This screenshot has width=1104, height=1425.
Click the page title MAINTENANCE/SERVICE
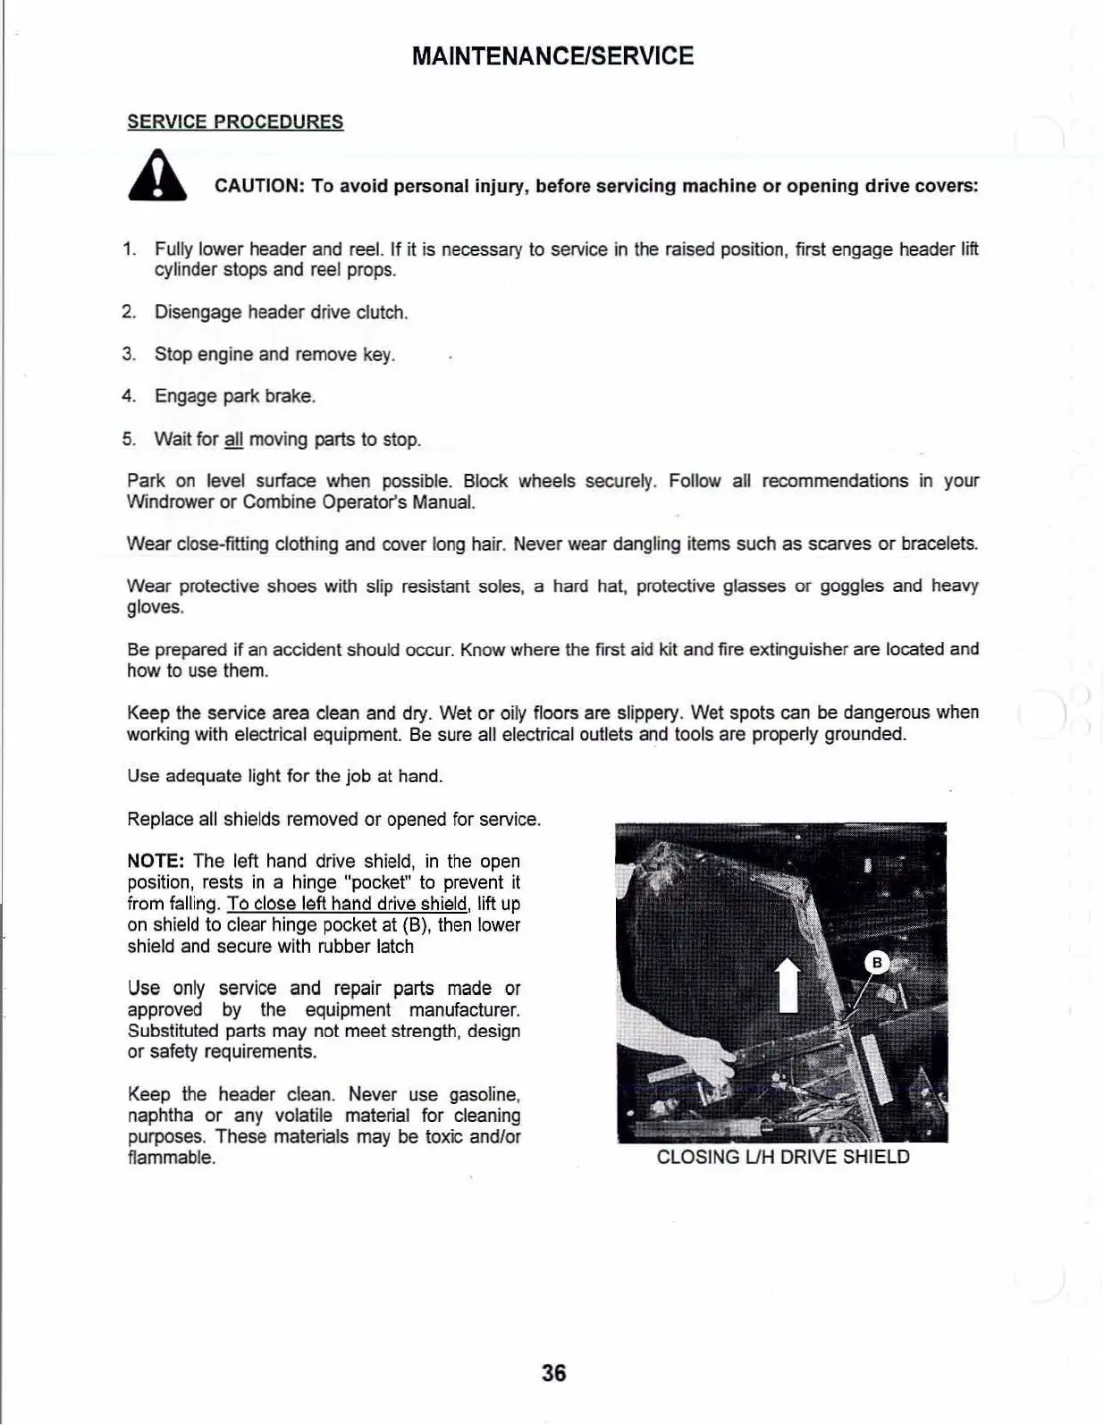point(552,56)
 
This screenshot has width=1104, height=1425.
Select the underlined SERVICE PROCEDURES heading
point(235,122)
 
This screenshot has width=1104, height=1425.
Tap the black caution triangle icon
point(157,177)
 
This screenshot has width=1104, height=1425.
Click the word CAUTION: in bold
point(260,186)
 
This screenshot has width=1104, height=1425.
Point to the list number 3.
point(129,354)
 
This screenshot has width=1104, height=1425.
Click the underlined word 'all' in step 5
point(234,440)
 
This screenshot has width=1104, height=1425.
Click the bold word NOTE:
point(156,861)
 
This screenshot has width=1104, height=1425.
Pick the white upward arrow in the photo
point(787,982)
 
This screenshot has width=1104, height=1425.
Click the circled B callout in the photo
point(877,963)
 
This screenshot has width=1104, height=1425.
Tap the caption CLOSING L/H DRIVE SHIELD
point(782,1157)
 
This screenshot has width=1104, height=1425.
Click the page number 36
point(553,1372)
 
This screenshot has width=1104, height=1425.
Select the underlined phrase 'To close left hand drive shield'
point(348,904)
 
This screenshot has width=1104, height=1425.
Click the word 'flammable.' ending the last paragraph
point(172,1158)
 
